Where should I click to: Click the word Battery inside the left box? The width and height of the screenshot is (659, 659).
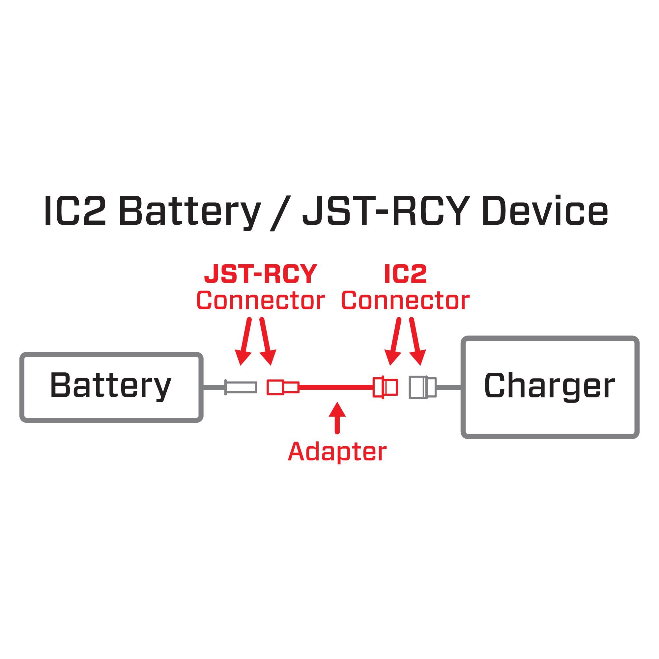coord(110,386)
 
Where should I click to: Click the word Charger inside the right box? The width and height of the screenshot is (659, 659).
coord(549,386)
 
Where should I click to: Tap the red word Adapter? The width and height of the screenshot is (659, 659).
coord(337,452)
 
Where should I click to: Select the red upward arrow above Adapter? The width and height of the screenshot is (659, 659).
coord(337,418)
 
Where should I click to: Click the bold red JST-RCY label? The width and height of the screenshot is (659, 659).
coord(261,274)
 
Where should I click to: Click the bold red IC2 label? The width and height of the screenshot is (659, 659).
coord(405,274)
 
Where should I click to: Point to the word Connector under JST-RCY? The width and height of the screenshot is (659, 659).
coord(261,301)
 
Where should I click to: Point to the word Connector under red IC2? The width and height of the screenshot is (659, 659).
coord(405,301)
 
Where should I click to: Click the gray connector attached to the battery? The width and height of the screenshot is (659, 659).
coord(241,387)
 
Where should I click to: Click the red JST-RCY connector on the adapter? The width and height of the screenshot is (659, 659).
coord(283,387)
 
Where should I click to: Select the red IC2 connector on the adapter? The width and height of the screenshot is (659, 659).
coord(385,387)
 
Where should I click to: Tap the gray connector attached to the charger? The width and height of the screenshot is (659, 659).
coord(422,387)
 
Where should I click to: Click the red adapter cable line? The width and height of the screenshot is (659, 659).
coord(336,387)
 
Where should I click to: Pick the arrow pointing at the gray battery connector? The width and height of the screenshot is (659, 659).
coord(245,341)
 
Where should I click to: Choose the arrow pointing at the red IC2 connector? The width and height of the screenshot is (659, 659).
coord(394,341)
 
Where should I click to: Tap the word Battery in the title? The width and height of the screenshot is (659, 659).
coord(190,212)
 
